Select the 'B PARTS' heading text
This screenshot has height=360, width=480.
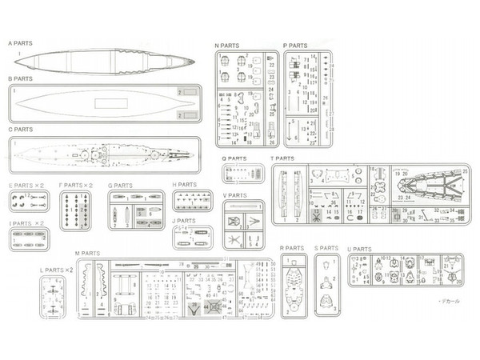pos(21,79)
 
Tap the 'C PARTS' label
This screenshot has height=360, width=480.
pos(21,129)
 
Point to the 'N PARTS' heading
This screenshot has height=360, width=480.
pos(228,46)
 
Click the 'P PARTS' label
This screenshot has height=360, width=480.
pos(295,46)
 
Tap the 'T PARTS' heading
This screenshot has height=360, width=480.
pos(283,158)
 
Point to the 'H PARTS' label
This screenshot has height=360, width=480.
pos(184,185)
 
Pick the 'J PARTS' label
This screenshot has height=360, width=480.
pos(184,221)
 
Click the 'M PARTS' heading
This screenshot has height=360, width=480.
pos(88,254)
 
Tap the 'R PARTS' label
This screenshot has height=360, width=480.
pos(292,249)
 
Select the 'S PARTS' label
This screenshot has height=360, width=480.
pos(327,249)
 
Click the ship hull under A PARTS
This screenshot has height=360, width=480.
pos(104,60)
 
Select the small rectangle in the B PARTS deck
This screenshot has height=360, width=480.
pos(106,103)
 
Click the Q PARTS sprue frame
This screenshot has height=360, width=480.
pos(243,174)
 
